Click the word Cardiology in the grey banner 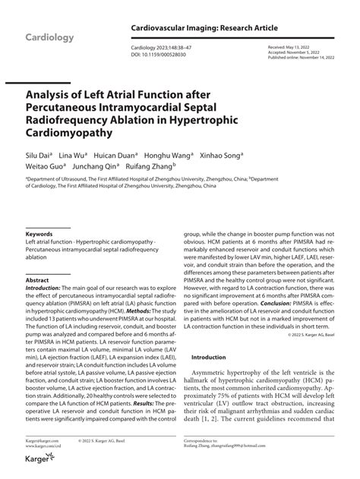point(49,38)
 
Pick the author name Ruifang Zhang point(151,165)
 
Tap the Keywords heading point(39,235)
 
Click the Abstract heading point(37,279)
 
